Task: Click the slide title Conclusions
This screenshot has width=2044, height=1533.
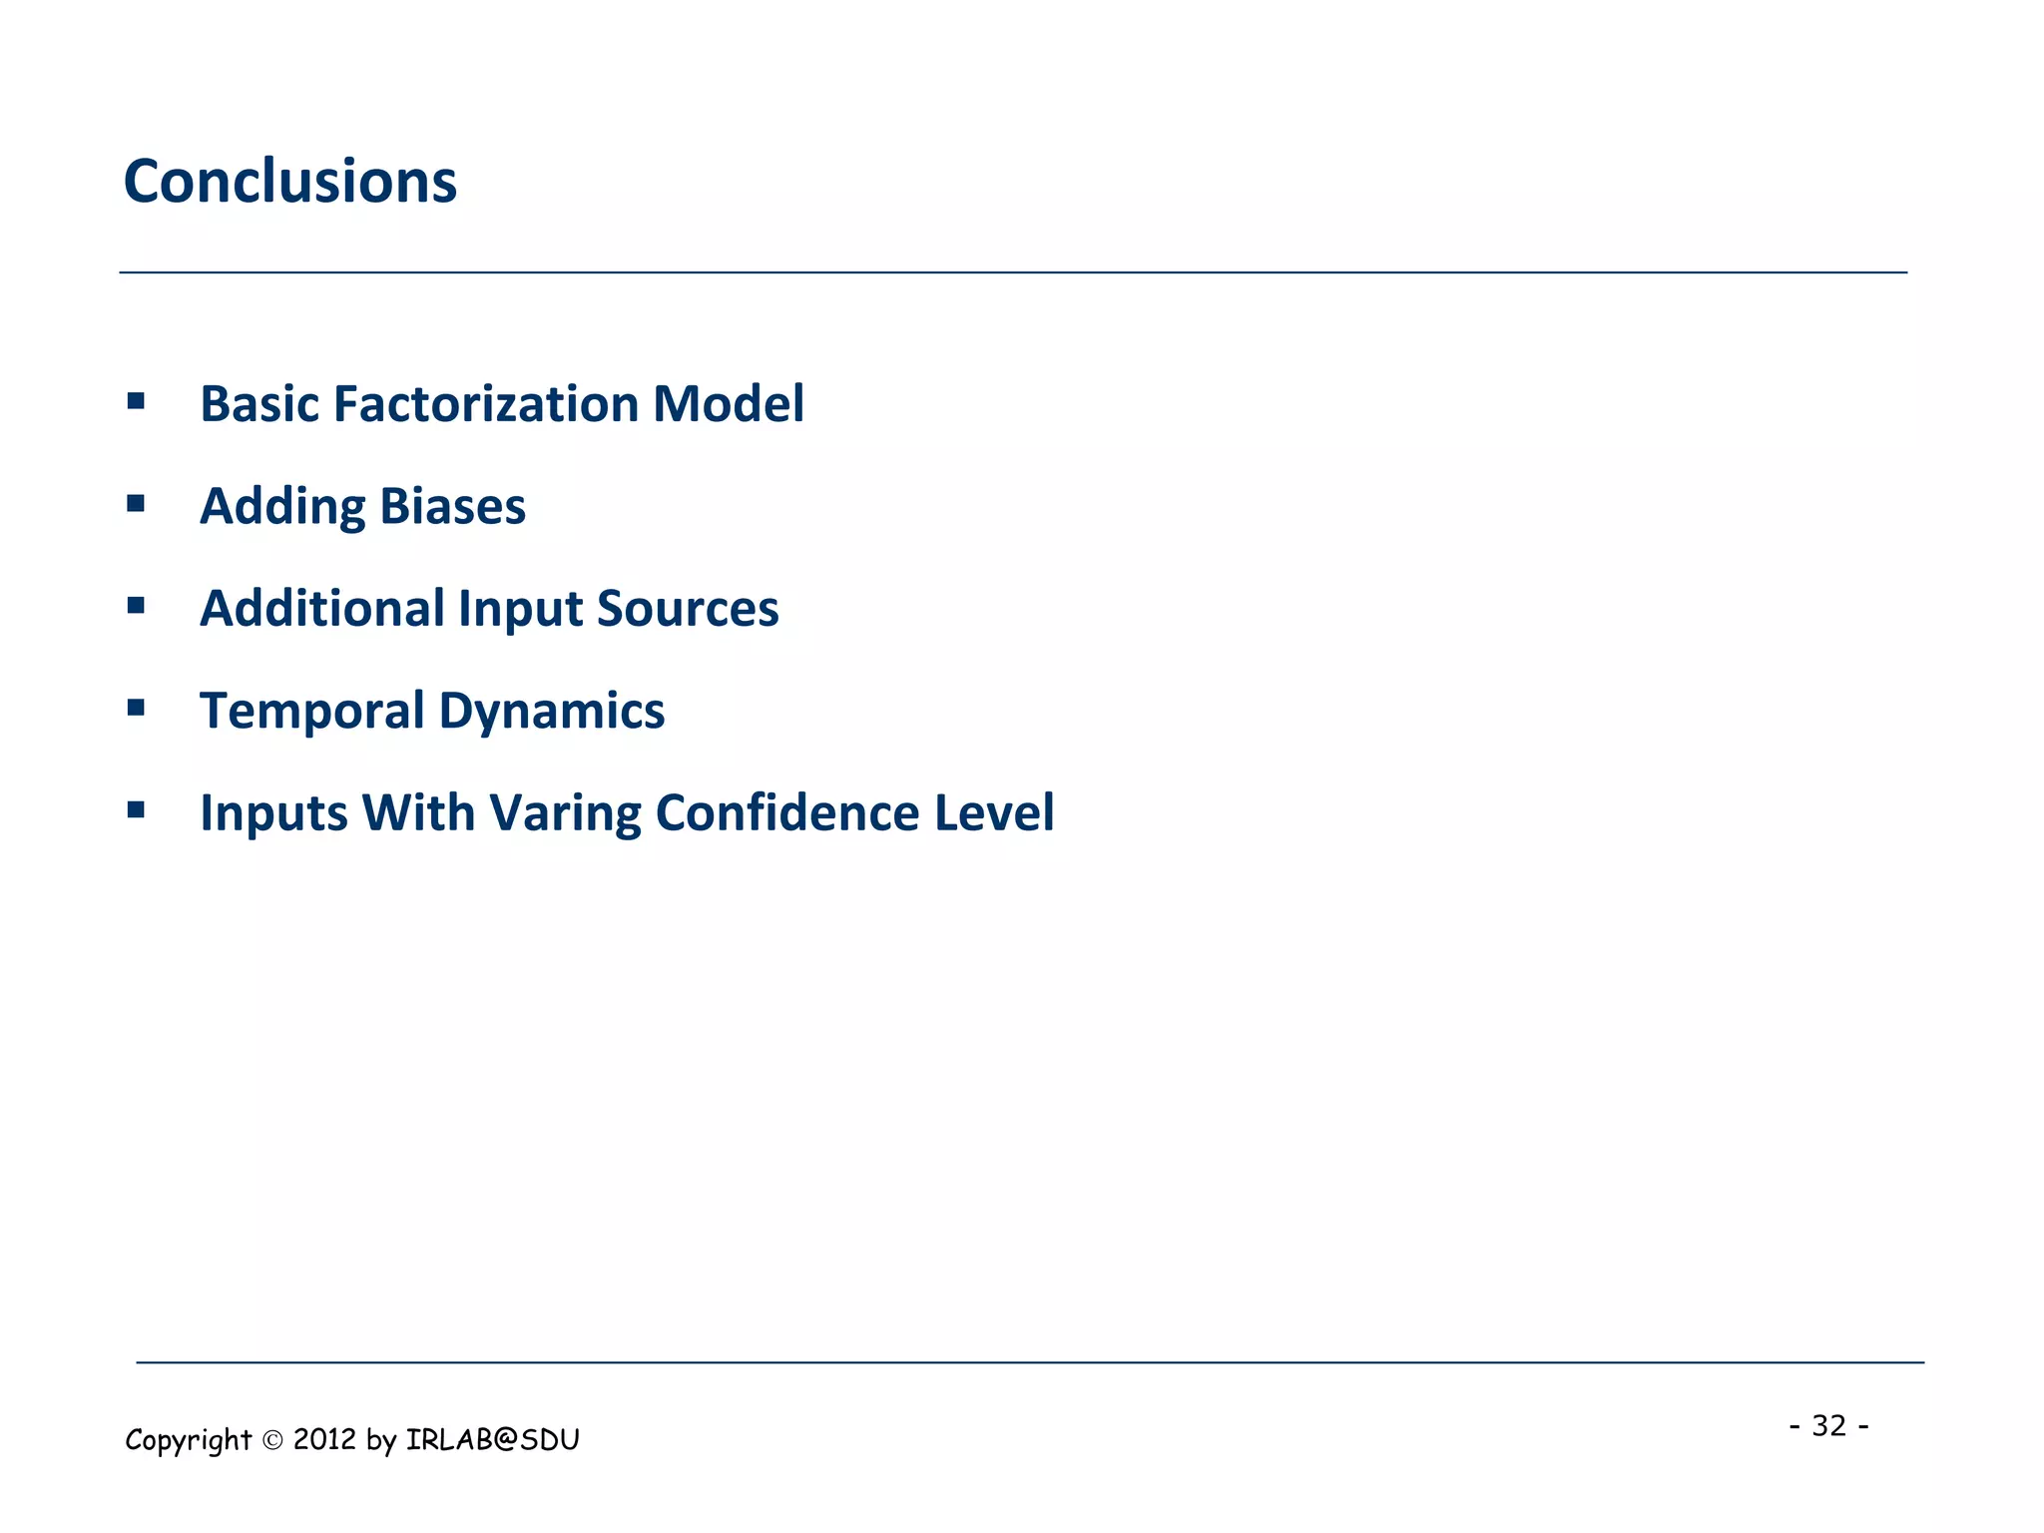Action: [289, 182]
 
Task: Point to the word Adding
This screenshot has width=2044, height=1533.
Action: [282, 507]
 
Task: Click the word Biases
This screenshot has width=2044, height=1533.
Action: [452, 507]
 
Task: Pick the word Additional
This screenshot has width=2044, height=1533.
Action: [321, 609]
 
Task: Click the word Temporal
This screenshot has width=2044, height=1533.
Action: [311, 712]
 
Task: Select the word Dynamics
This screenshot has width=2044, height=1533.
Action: [551, 712]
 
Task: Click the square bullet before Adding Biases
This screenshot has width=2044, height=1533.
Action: [136, 504]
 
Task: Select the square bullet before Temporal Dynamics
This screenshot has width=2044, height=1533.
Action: [136, 709]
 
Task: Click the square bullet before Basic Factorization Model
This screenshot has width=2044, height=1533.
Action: [136, 401]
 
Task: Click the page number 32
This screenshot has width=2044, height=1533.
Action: [1828, 1425]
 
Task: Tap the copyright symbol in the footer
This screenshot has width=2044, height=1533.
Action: [272, 1440]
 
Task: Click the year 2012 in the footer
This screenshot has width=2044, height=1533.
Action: [324, 1439]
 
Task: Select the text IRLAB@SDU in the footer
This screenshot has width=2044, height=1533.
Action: [492, 1439]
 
